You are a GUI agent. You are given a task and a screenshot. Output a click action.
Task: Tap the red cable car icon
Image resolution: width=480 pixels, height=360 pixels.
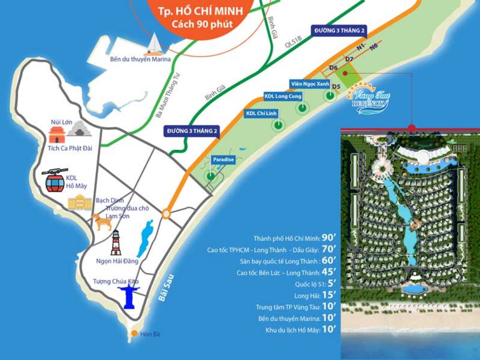pos(54,180)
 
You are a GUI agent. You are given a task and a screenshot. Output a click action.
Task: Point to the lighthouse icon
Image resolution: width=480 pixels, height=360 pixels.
pos(116,242)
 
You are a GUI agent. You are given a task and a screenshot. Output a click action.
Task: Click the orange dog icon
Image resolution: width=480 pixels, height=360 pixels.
pos(102,222)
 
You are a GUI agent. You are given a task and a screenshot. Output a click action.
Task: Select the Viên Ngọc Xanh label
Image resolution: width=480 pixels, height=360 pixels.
pos(310,84)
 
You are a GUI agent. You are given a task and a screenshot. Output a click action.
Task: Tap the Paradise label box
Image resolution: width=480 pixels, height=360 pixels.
pos(223,159)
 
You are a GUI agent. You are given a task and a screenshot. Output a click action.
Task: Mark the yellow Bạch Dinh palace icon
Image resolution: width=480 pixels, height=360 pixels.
pos(80,203)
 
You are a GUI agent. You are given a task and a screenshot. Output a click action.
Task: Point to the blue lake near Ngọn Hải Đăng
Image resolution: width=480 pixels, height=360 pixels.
pos(144,238)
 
